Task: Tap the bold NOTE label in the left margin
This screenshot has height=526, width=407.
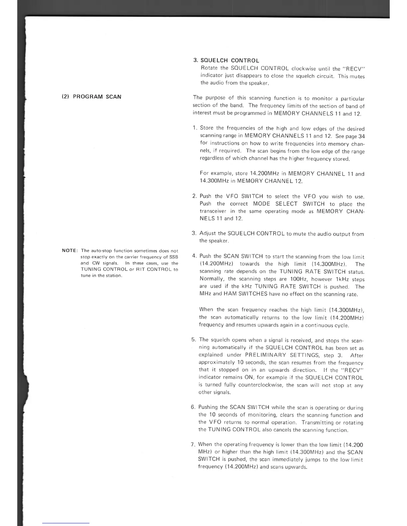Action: tap(70, 251)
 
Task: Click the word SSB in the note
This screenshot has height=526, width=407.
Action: tap(174, 257)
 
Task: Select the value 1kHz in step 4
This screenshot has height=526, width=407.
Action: tap(341, 279)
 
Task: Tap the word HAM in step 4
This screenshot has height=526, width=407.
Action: tap(230, 294)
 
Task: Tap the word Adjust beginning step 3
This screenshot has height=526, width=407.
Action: tap(207, 233)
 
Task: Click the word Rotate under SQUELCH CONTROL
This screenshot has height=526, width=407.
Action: tap(209, 68)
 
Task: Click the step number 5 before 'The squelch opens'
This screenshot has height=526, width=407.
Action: tap(193, 340)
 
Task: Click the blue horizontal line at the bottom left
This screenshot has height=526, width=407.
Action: tap(66, 523)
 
